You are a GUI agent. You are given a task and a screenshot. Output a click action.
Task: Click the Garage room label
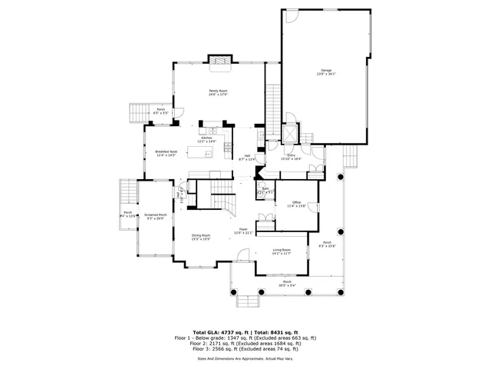[327, 71]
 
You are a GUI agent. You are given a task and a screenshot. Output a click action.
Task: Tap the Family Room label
[219, 92]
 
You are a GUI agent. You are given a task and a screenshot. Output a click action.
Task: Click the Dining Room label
[201, 236]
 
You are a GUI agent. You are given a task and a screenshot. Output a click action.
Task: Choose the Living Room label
[282, 251]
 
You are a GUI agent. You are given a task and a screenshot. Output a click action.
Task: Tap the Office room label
[296, 204]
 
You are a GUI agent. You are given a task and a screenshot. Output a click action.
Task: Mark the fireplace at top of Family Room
[220, 62]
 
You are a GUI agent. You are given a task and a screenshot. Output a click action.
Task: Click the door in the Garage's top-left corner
[290, 15]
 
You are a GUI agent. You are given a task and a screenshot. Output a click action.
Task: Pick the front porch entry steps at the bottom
[249, 301]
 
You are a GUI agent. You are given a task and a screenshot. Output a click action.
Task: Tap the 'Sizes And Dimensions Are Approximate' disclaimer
[245, 358]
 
